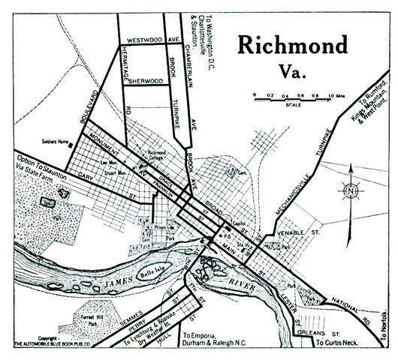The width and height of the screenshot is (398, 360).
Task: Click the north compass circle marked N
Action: coord(349,192)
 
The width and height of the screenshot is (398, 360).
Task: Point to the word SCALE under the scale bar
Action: coord(293,104)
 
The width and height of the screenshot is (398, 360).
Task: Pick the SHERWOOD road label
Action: coord(145,80)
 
